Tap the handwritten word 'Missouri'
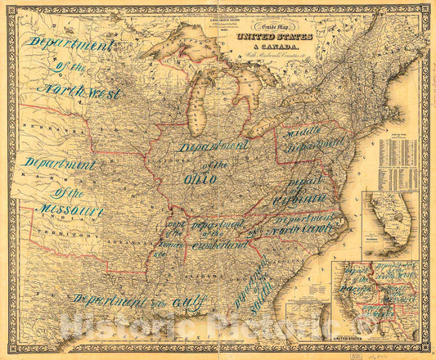coord(69,211)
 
